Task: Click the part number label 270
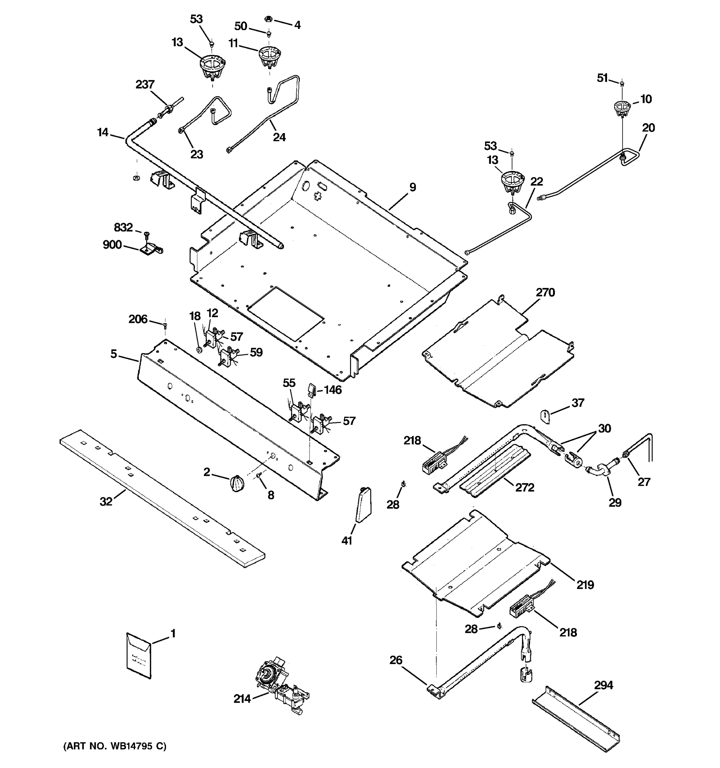(x=545, y=292)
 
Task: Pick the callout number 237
(x=145, y=84)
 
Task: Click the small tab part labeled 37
(x=544, y=416)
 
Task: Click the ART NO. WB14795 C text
(x=115, y=746)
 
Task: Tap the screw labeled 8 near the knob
(x=259, y=478)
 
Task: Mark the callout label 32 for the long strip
(x=106, y=501)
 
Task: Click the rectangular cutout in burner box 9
(x=285, y=313)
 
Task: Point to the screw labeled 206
(x=165, y=325)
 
